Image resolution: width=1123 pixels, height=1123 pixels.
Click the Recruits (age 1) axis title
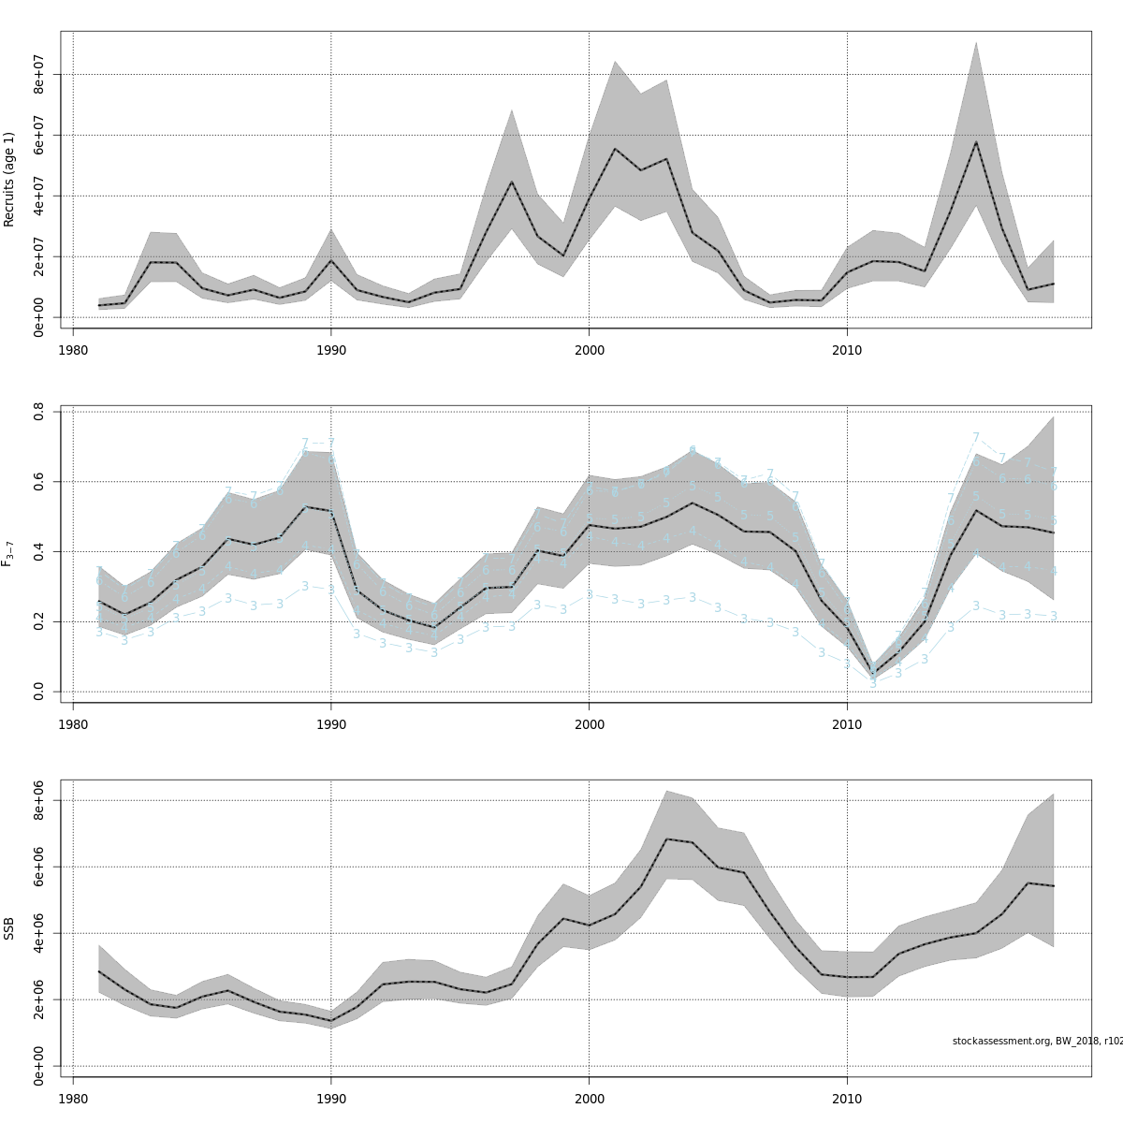click(x=9, y=179)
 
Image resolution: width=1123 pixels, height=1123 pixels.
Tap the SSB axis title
click(x=9, y=928)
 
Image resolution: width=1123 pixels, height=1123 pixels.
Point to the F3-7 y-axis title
click(x=9, y=554)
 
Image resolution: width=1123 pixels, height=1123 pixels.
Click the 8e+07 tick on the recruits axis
click(x=39, y=74)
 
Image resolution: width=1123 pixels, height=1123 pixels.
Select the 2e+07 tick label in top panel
click(x=39, y=256)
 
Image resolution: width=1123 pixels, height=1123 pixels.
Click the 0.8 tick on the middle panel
click(x=39, y=411)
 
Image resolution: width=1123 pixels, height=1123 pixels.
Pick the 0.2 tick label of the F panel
click(x=39, y=621)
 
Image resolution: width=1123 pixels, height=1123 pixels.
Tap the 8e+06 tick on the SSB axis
click(x=39, y=801)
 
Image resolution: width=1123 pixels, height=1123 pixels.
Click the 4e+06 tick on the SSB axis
click(x=39, y=933)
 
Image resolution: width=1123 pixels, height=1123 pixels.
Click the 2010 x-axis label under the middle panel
click(x=847, y=724)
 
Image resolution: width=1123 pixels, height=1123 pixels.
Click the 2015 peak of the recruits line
click(x=976, y=141)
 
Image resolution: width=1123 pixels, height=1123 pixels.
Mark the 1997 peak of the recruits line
click(x=511, y=182)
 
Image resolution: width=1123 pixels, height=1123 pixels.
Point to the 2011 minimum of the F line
click(x=873, y=671)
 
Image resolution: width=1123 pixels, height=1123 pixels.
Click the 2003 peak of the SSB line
click(x=666, y=839)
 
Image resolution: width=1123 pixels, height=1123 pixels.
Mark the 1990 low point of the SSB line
click(x=330, y=1020)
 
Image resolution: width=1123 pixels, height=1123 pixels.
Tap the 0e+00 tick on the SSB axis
click(x=39, y=1066)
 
